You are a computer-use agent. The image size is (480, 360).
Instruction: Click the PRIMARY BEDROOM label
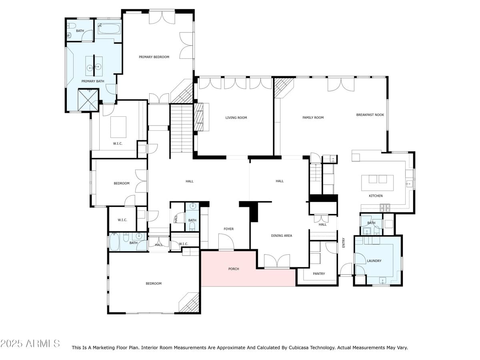click(154, 57)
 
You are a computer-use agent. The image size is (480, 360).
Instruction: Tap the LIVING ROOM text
click(236, 118)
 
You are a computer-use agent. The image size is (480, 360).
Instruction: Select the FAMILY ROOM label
click(313, 118)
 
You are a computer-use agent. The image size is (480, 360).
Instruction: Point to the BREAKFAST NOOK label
click(370, 115)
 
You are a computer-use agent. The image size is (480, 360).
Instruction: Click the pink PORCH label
click(234, 269)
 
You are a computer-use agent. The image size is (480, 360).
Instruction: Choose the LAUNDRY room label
click(374, 261)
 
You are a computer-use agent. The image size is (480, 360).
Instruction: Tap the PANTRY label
click(319, 274)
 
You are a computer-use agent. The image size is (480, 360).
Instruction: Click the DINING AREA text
click(282, 236)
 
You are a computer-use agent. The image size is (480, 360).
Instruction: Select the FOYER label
click(228, 229)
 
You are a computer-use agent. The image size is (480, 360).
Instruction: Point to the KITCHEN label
click(376, 196)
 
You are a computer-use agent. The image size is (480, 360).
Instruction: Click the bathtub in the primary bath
click(109, 29)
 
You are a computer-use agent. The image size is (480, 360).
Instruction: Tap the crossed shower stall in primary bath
click(88, 100)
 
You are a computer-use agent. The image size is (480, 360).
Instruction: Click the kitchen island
click(377, 183)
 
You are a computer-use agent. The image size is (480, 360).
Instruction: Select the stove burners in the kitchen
click(385, 208)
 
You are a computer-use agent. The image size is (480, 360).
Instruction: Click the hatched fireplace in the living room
click(199, 117)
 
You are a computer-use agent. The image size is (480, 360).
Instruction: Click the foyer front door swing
click(226, 242)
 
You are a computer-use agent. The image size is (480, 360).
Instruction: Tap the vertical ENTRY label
click(344, 243)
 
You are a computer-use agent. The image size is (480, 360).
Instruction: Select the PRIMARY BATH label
click(93, 81)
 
